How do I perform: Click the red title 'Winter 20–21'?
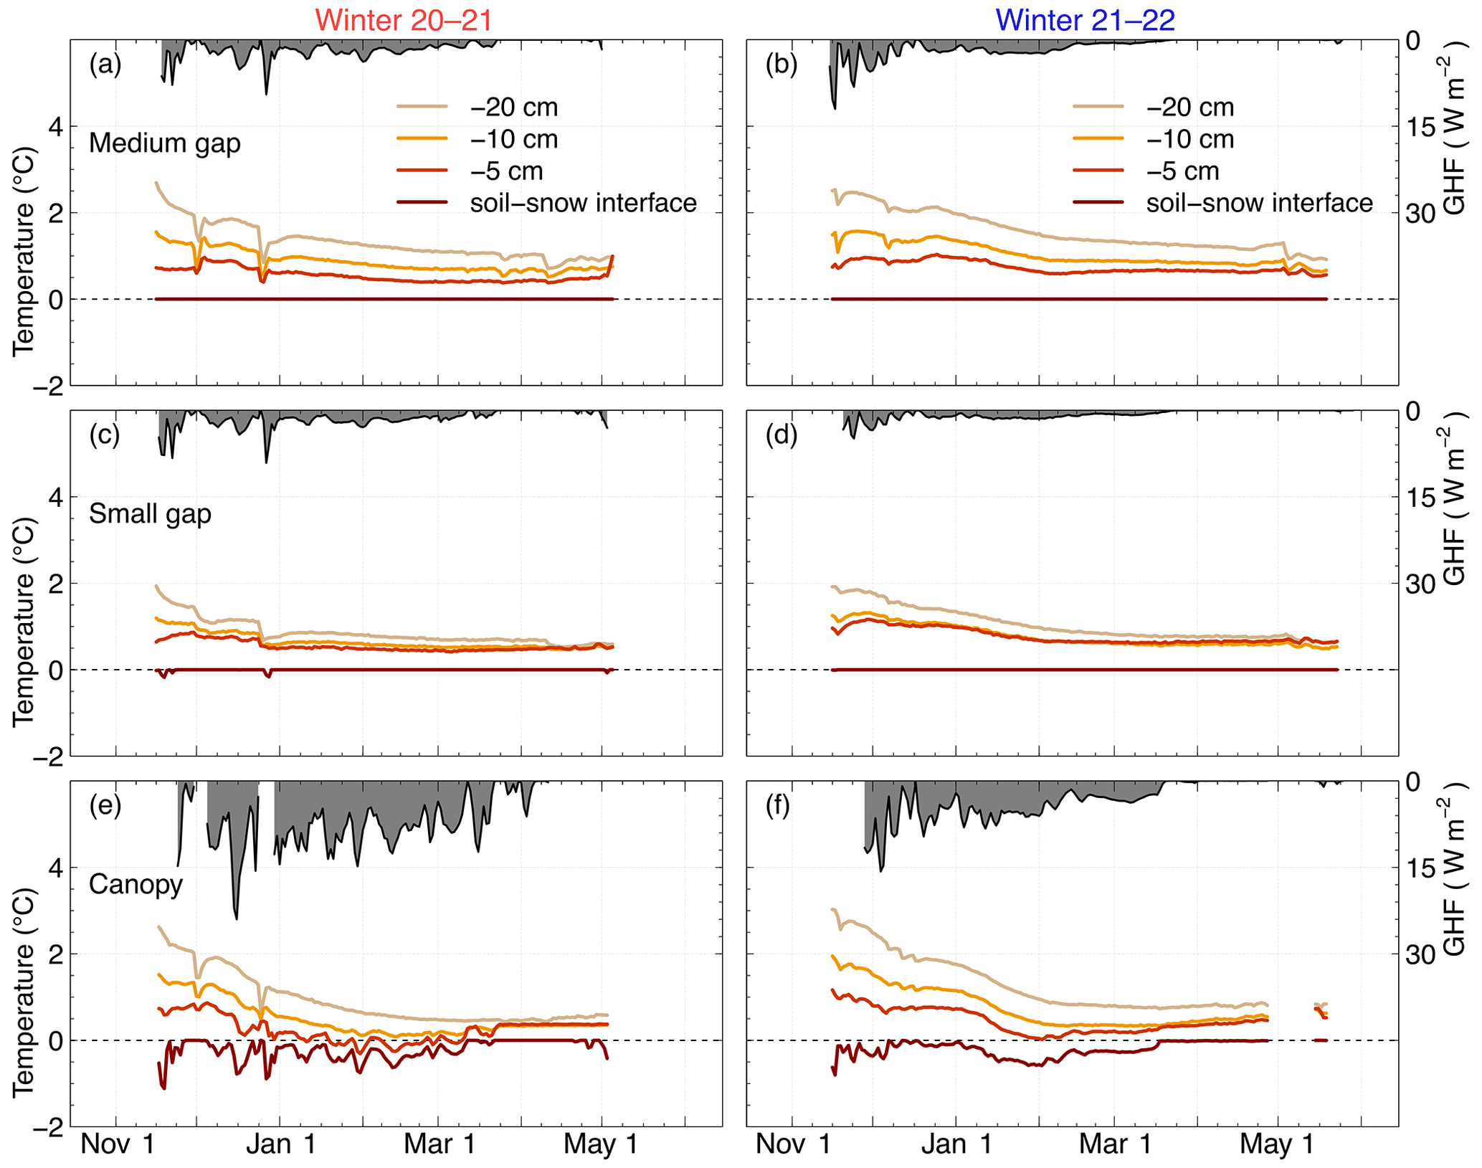tap(404, 19)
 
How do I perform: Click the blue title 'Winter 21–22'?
tap(1085, 19)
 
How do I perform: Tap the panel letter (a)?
tap(105, 65)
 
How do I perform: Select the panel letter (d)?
tap(782, 435)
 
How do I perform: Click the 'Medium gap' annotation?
tap(164, 143)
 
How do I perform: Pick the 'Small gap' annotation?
tap(150, 514)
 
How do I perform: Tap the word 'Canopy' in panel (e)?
tap(136, 884)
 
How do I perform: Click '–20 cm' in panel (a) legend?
tap(514, 108)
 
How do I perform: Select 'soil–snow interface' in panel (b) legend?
tap(1259, 204)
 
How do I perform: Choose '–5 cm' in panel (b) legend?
tap(1183, 171)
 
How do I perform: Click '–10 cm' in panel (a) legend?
tap(514, 139)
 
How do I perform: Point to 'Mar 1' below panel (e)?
tap(439, 1144)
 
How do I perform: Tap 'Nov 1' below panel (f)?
tap(792, 1144)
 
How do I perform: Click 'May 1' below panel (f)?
tap(1277, 1144)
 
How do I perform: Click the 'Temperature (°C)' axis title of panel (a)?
tap(24, 250)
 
